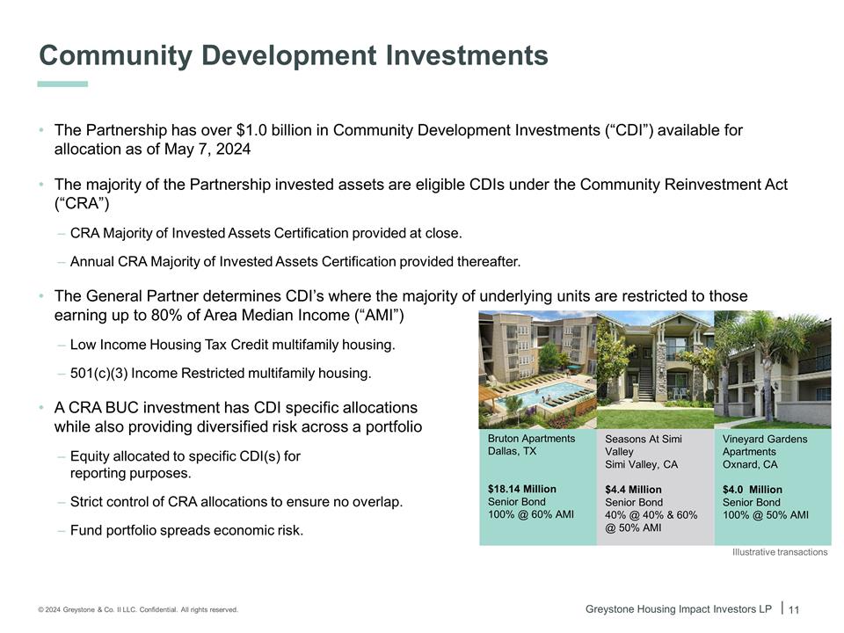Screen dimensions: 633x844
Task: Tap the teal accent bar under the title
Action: tap(63, 84)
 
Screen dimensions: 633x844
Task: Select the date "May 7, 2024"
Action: tap(207, 149)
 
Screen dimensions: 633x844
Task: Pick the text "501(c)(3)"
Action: tap(99, 374)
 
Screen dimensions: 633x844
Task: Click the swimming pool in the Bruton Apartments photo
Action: tap(545, 393)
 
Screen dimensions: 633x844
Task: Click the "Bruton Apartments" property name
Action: tap(531, 439)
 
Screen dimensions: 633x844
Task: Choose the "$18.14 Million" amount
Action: tap(521, 489)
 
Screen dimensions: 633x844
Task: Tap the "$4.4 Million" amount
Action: tap(633, 490)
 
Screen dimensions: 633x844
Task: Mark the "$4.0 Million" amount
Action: tap(752, 490)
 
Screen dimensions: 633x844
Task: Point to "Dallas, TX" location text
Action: tap(512, 452)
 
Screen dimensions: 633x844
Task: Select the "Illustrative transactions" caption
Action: tap(780, 552)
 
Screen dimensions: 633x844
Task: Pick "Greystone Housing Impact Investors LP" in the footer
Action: tap(679, 609)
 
